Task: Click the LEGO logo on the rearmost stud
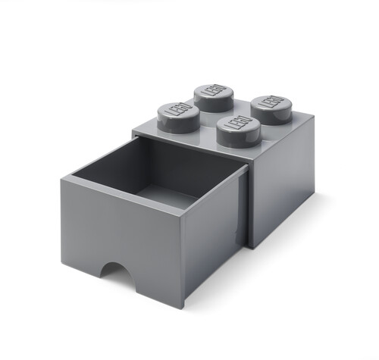214,91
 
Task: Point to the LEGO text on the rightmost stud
270,102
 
